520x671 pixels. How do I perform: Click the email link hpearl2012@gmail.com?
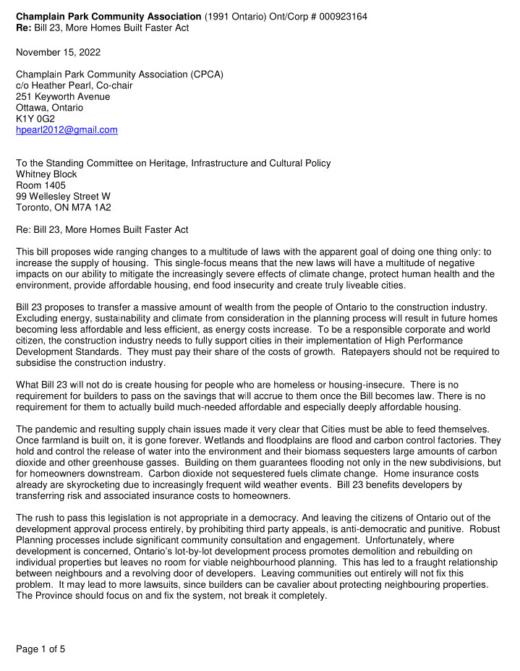click(67, 130)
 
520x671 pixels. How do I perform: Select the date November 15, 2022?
click(59, 53)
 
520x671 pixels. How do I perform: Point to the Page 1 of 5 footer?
click(41, 649)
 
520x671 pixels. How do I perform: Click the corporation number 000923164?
click(339, 16)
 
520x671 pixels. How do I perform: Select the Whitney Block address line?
click(46, 174)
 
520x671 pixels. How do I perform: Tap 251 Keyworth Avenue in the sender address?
click(63, 96)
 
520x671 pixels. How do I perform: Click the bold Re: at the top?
click(24, 27)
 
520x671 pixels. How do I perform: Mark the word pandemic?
click(56, 429)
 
